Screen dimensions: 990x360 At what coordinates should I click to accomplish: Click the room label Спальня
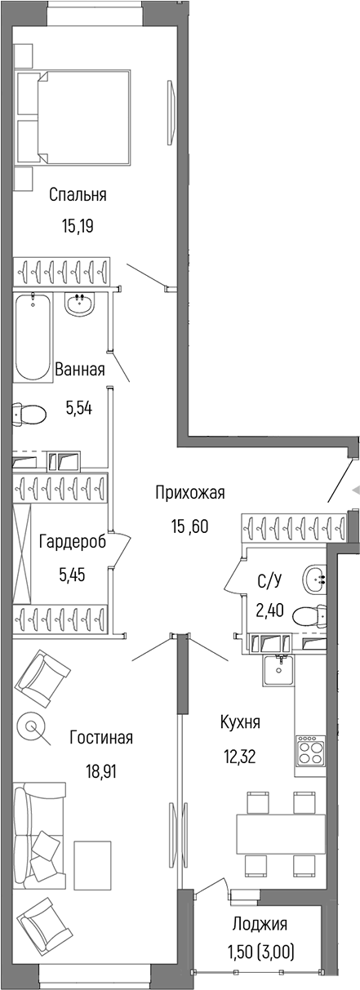point(78,195)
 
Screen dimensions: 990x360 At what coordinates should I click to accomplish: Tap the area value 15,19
point(78,226)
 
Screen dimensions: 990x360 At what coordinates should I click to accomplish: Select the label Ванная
point(79,370)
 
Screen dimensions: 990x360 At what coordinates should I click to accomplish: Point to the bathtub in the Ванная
point(33,336)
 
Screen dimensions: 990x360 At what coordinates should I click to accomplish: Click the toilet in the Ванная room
point(29,414)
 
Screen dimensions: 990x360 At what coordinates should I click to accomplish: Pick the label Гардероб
point(72,543)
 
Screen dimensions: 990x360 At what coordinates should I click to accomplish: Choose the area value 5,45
point(72,574)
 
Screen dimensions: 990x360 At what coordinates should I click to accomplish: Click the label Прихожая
point(190,492)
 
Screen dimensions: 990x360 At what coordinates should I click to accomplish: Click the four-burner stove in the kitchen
point(310,751)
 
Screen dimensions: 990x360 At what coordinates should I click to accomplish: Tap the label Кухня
point(240,722)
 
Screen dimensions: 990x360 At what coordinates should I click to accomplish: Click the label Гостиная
point(101,738)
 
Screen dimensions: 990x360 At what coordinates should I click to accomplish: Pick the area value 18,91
point(101,769)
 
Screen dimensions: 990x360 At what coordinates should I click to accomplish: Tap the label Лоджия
point(260,925)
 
